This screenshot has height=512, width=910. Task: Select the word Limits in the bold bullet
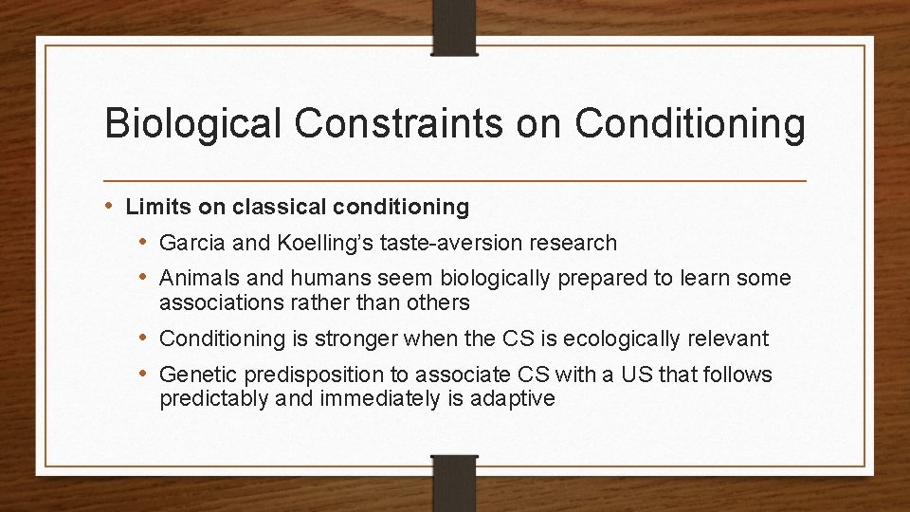point(152,206)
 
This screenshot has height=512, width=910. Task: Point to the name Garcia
point(192,243)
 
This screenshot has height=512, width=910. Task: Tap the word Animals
point(194,279)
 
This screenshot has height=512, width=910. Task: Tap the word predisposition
point(300,375)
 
